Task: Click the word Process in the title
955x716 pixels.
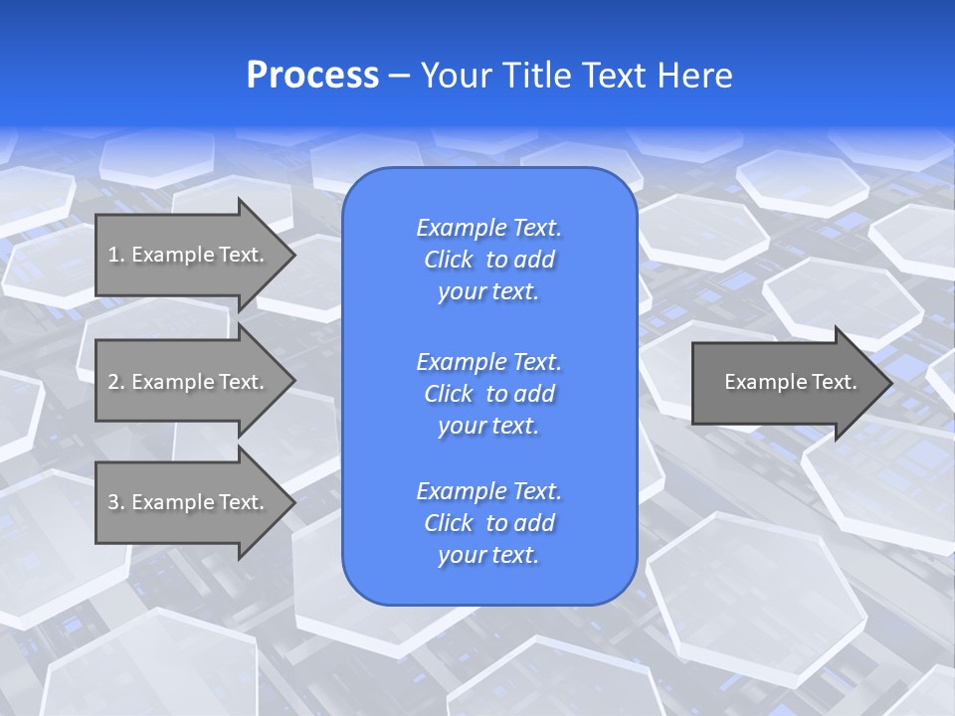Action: pyautogui.click(x=312, y=76)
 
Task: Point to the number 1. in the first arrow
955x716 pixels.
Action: pyautogui.click(x=115, y=255)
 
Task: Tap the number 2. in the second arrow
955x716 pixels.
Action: pyautogui.click(x=115, y=382)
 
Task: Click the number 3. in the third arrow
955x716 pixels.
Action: pyautogui.click(x=115, y=502)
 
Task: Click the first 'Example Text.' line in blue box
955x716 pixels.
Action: pyautogui.click(x=488, y=228)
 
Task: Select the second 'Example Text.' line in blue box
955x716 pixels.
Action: pyautogui.click(x=488, y=361)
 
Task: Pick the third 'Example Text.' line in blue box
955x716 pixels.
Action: pyautogui.click(x=488, y=491)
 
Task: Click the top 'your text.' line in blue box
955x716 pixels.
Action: pyautogui.click(x=488, y=292)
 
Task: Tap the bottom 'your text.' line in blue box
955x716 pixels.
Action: pyautogui.click(x=488, y=556)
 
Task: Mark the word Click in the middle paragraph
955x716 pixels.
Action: pyautogui.click(x=449, y=394)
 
